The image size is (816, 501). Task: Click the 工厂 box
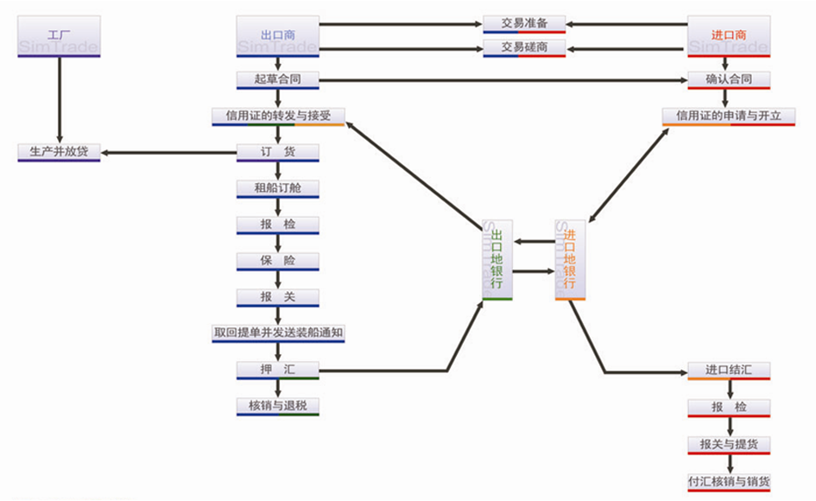click(59, 36)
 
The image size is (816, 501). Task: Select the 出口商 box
click(278, 36)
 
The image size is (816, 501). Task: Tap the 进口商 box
click(729, 36)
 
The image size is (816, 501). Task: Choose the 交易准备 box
click(524, 23)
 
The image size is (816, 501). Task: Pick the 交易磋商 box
click(524, 47)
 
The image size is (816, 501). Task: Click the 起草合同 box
click(278, 79)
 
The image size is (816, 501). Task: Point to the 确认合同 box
click(729, 79)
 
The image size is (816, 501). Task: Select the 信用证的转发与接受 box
click(278, 116)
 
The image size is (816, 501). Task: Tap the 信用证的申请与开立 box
click(729, 116)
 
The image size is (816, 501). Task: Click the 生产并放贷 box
click(59, 152)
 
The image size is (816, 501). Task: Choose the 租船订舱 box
click(278, 188)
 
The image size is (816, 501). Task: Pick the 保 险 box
click(278, 261)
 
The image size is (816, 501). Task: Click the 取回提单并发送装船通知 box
click(278, 333)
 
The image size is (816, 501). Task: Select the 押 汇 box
click(278, 370)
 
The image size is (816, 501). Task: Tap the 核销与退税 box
click(278, 405)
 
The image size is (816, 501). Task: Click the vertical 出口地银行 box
click(497, 259)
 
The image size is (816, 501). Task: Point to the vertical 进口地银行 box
click(570, 259)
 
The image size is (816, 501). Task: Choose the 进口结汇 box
click(729, 371)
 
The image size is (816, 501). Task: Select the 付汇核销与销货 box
click(729, 481)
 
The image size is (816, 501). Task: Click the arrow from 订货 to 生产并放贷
click(168, 153)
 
